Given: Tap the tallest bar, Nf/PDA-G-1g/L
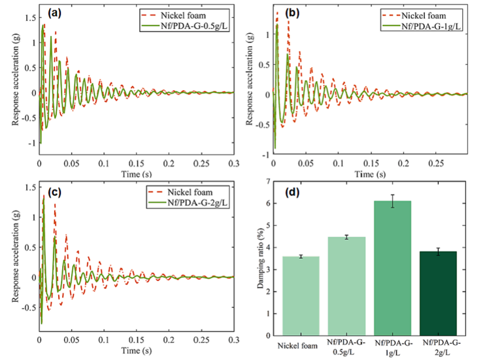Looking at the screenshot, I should coord(392,268).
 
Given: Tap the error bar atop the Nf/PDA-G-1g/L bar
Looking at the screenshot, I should coord(392,201).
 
